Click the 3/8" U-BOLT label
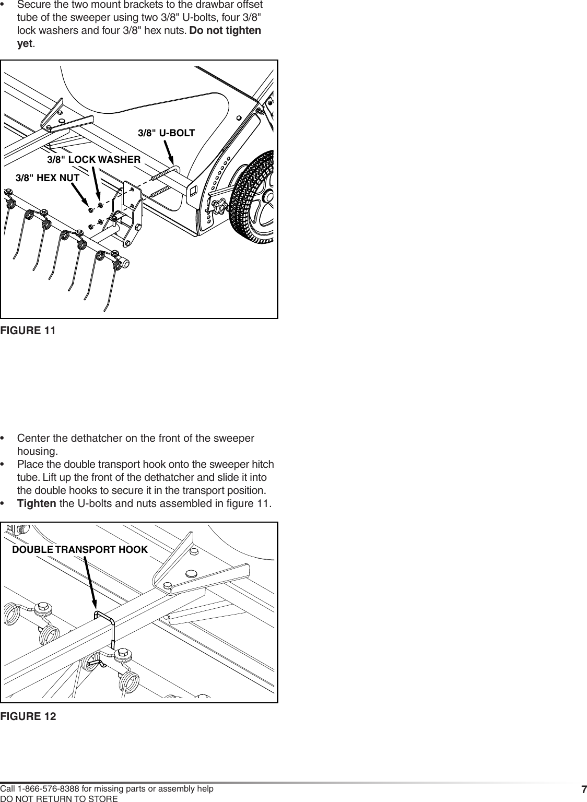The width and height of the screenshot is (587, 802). [166, 133]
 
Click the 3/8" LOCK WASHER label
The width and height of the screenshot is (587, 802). [93, 159]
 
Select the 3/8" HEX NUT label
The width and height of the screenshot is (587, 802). [48, 178]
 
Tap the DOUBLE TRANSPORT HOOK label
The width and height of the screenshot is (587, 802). [80, 550]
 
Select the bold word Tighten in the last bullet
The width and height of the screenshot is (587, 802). [37, 504]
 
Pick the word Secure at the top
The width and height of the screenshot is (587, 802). [33, 5]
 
